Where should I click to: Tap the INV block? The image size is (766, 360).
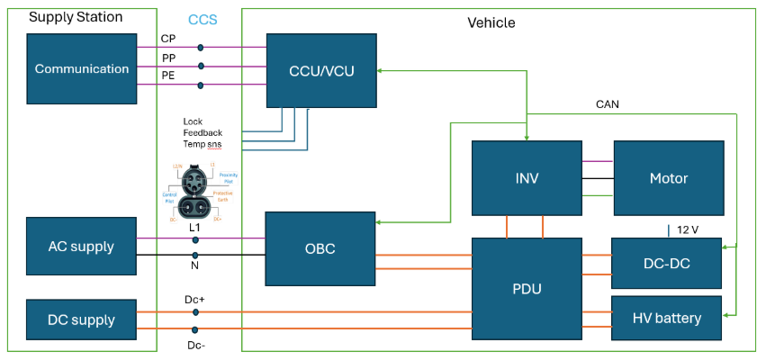tap(527, 178)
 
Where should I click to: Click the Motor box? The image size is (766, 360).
tap(668, 178)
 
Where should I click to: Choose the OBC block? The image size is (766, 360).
tap(320, 249)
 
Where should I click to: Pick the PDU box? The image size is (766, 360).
tap(527, 288)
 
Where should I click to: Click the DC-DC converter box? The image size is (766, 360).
tap(666, 263)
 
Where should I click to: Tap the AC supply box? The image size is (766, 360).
tap(82, 247)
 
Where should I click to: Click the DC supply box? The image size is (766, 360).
tap(82, 319)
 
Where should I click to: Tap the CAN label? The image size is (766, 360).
tap(608, 104)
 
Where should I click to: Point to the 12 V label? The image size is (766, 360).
tap(689, 229)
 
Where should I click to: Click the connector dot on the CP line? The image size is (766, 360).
tap(200, 48)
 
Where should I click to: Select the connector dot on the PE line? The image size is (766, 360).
tap(200, 85)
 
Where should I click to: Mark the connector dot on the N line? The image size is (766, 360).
tap(195, 255)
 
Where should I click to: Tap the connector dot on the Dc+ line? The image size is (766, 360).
tap(195, 312)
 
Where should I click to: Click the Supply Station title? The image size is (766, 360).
tap(76, 17)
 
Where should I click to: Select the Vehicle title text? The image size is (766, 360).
tap(491, 22)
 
